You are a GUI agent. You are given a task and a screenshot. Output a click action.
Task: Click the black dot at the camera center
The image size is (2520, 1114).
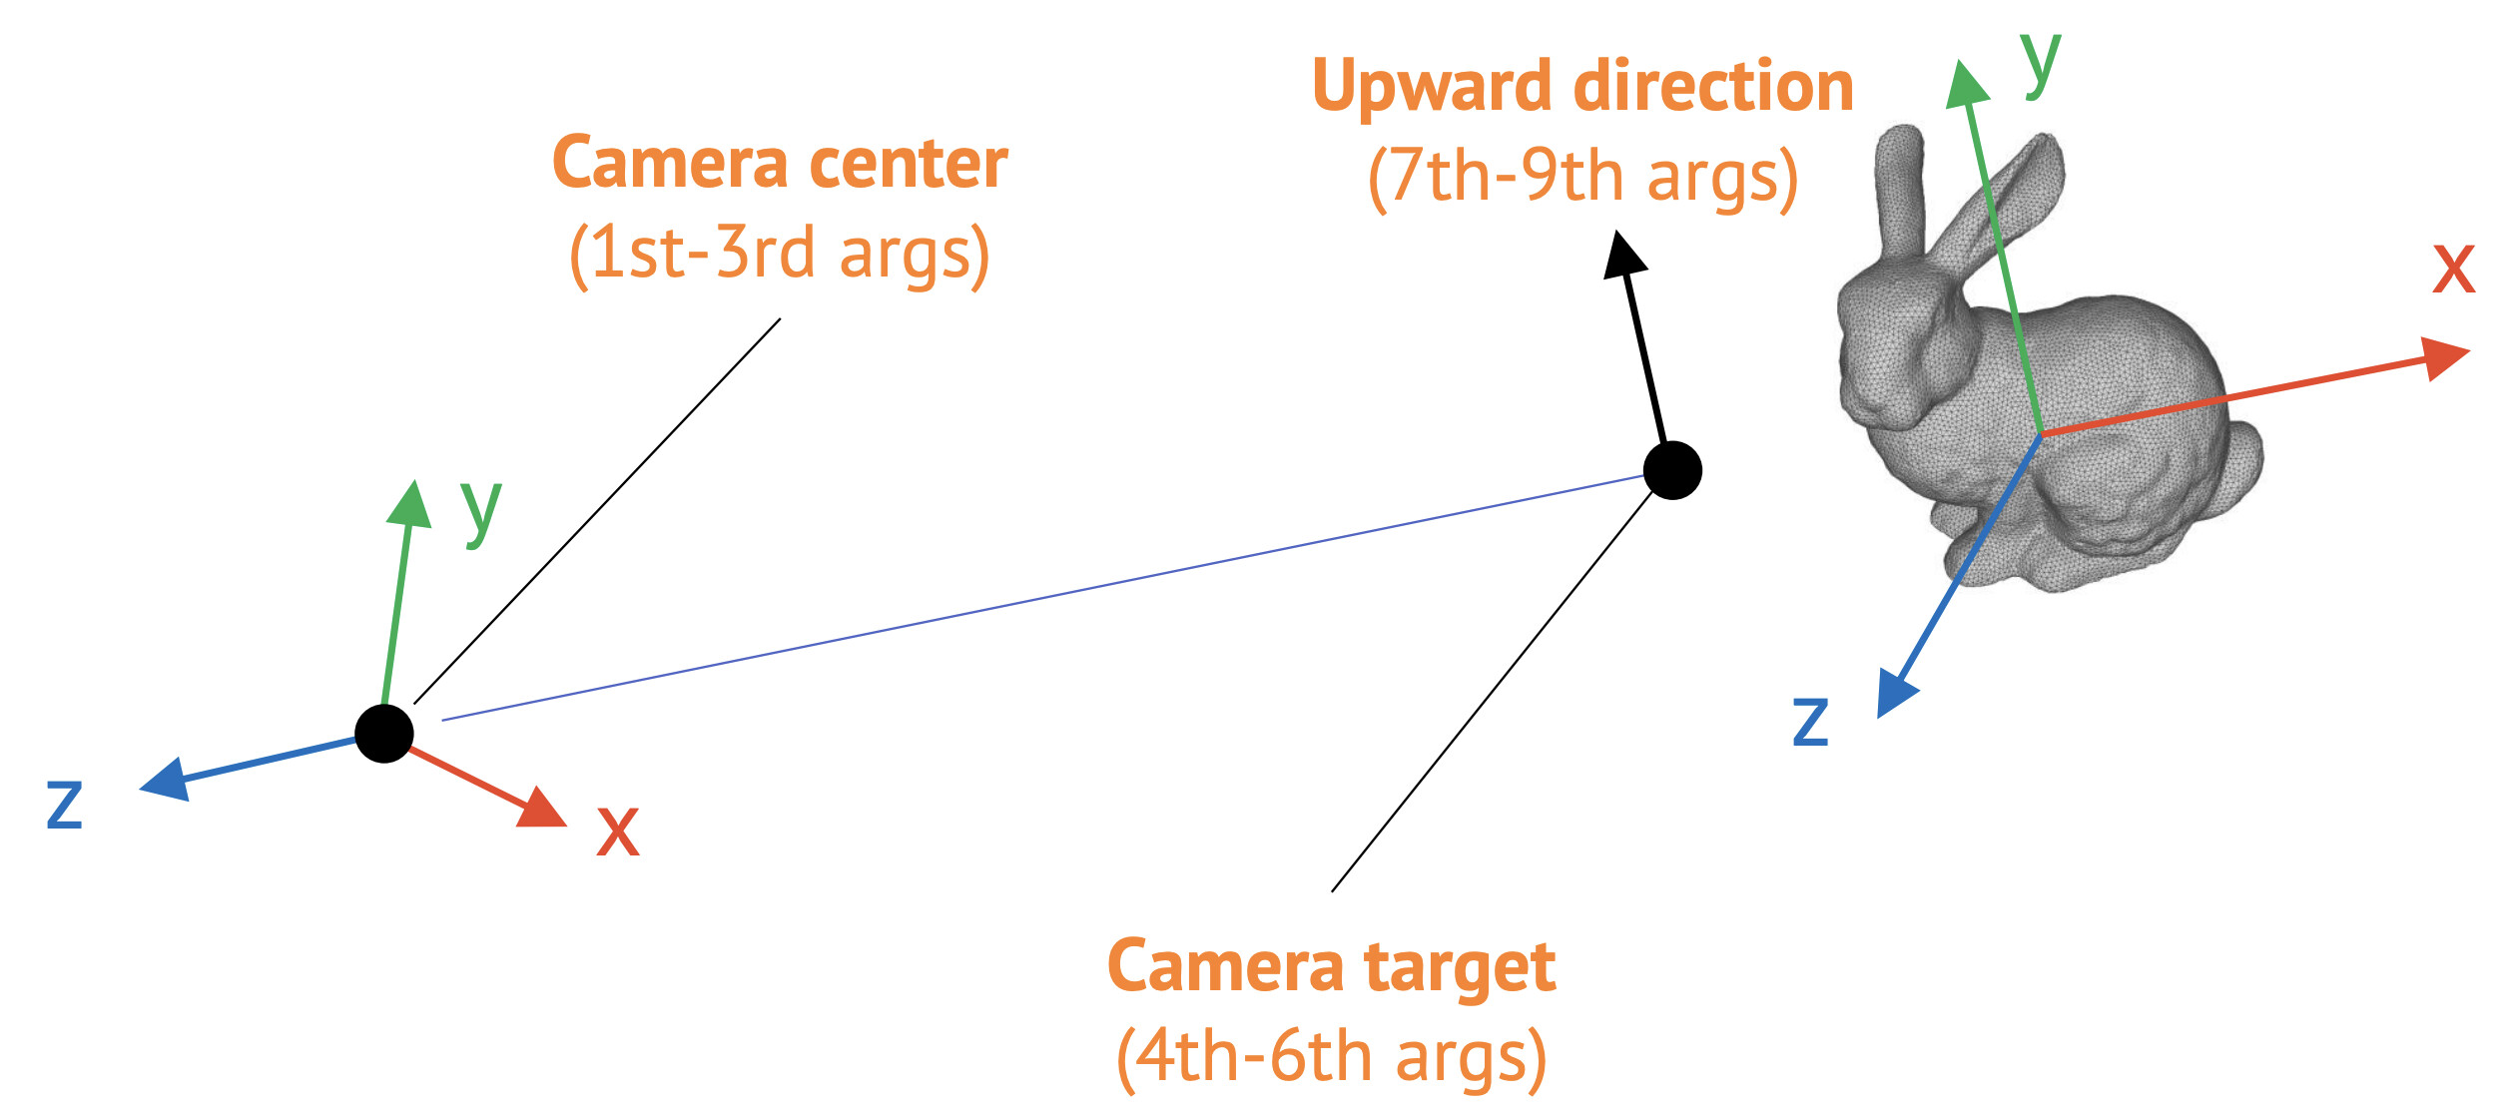tap(384, 734)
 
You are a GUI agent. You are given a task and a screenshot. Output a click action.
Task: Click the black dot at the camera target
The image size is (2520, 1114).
tap(1672, 470)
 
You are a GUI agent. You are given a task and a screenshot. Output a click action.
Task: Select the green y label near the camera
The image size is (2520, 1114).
tap(480, 509)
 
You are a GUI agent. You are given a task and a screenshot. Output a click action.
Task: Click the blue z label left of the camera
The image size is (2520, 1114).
tap(65, 804)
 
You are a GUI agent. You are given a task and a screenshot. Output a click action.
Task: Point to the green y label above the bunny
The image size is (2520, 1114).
tap(2041, 62)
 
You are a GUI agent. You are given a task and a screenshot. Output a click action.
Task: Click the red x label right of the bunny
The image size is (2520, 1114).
tap(2453, 268)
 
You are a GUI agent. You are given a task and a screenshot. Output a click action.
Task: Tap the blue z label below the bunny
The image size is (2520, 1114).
tap(1810, 721)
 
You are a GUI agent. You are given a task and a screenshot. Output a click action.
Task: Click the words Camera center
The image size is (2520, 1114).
tap(780, 164)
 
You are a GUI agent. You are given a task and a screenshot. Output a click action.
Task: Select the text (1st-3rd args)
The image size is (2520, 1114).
tap(780, 254)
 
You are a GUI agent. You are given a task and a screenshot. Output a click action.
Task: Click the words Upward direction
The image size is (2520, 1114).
tap(1582, 87)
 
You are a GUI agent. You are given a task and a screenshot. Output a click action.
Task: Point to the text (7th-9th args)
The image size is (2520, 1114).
tap(1582, 178)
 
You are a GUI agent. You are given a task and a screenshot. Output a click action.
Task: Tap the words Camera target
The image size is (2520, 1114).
tap(1331, 967)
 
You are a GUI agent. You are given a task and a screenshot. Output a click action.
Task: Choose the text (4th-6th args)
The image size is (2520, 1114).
tap(1331, 1057)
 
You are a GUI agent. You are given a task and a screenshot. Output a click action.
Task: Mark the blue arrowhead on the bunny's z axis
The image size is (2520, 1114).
tap(1896, 693)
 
